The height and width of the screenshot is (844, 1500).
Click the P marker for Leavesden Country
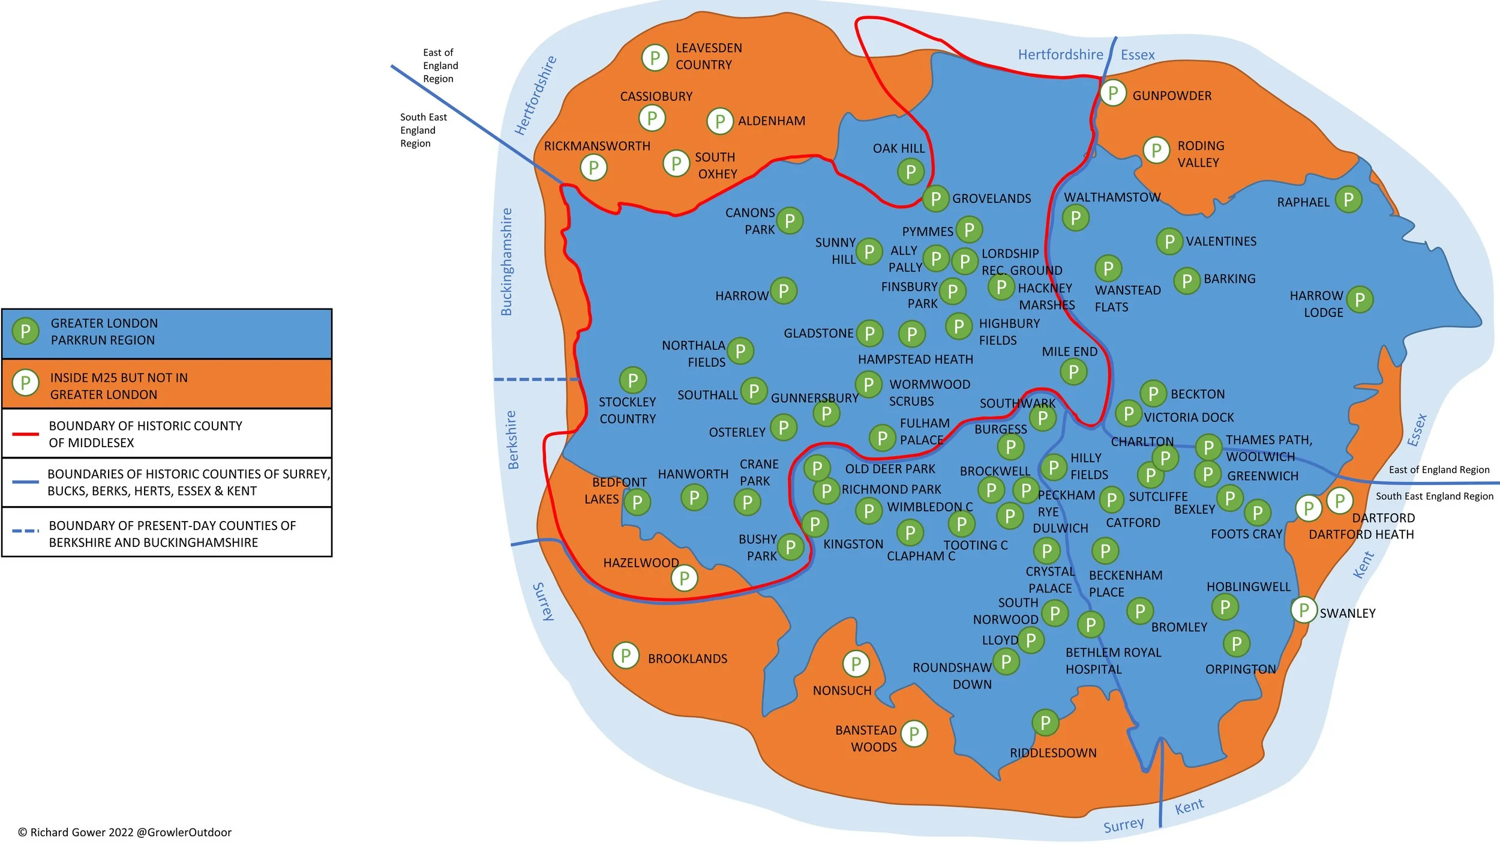(655, 58)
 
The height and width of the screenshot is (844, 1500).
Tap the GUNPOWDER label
(1171, 96)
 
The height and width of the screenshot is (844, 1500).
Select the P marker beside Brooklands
(625, 656)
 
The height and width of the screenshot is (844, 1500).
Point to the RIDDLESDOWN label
(1052, 753)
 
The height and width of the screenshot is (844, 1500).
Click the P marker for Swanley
(1303, 610)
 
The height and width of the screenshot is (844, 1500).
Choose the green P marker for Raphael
(1348, 199)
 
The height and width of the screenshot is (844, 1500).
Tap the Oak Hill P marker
(910, 172)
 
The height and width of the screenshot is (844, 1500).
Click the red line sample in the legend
(25, 433)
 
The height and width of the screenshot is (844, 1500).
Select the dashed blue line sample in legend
(25, 531)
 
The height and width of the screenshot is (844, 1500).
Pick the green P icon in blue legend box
(25, 331)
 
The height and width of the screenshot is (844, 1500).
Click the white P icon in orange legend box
(25, 382)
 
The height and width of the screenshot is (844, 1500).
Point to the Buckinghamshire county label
(507, 262)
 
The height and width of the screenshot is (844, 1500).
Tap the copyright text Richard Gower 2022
(125, 832)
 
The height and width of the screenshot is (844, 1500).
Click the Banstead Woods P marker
(913, 734)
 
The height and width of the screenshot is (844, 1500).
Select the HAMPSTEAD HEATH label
(915, 360)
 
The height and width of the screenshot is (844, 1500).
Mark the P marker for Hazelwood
(683, 579)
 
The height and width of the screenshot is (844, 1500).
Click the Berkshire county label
(512, 439)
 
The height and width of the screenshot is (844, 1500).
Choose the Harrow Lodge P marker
(1360, 299)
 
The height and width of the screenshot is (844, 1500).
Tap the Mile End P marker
(1073, 372)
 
